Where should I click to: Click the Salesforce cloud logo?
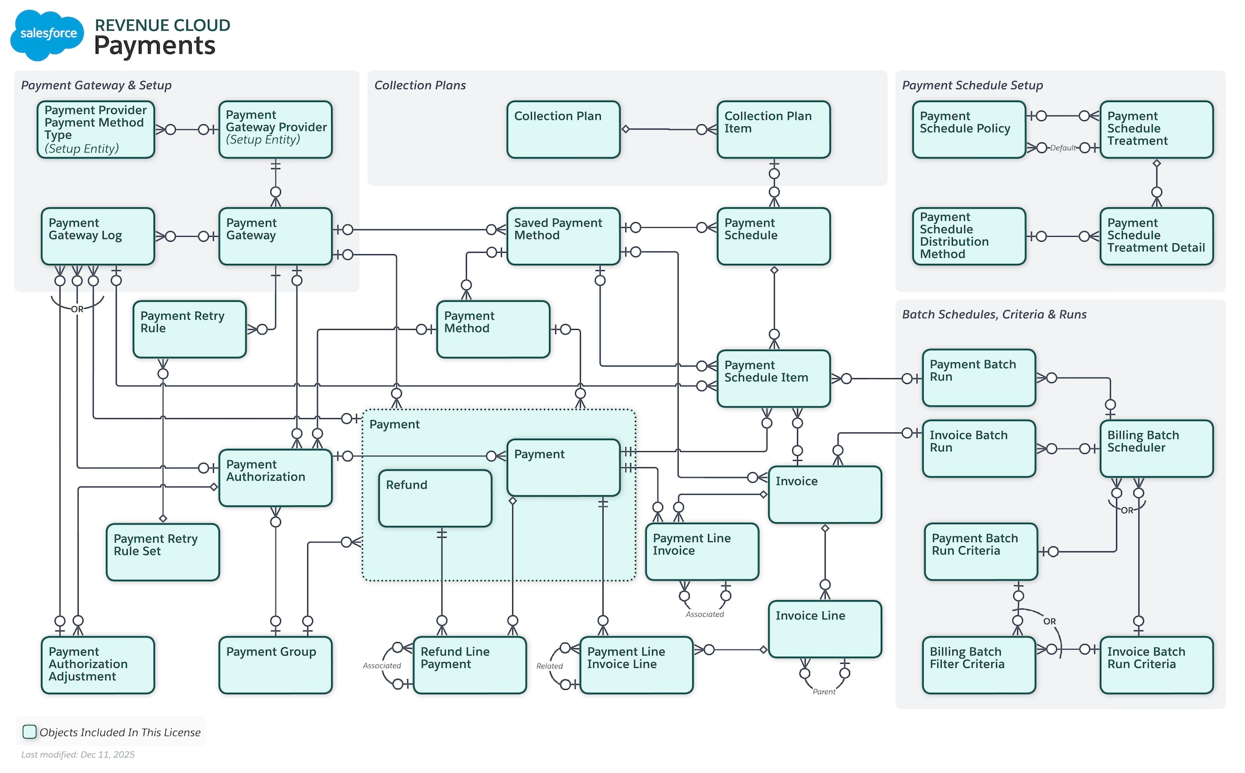47,35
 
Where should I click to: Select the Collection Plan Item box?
773,129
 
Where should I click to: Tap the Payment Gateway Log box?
98,237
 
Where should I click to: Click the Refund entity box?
435,499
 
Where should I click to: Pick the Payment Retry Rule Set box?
162,552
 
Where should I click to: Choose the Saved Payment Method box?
563,237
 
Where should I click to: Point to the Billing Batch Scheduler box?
1156,449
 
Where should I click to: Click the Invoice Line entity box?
825,629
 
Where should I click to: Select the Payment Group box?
275,665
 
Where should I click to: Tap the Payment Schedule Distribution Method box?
969,237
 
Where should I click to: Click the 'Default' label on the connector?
1063,148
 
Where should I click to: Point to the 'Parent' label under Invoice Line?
824,691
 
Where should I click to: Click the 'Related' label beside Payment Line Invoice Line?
549,666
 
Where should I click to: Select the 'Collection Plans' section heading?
420,85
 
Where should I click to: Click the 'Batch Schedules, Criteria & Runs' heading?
994,314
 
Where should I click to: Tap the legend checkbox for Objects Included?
29,732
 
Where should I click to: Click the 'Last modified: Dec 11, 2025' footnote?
78,754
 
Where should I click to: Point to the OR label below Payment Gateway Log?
77,309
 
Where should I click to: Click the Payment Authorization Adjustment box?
98,665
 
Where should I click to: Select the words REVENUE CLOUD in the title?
162,26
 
